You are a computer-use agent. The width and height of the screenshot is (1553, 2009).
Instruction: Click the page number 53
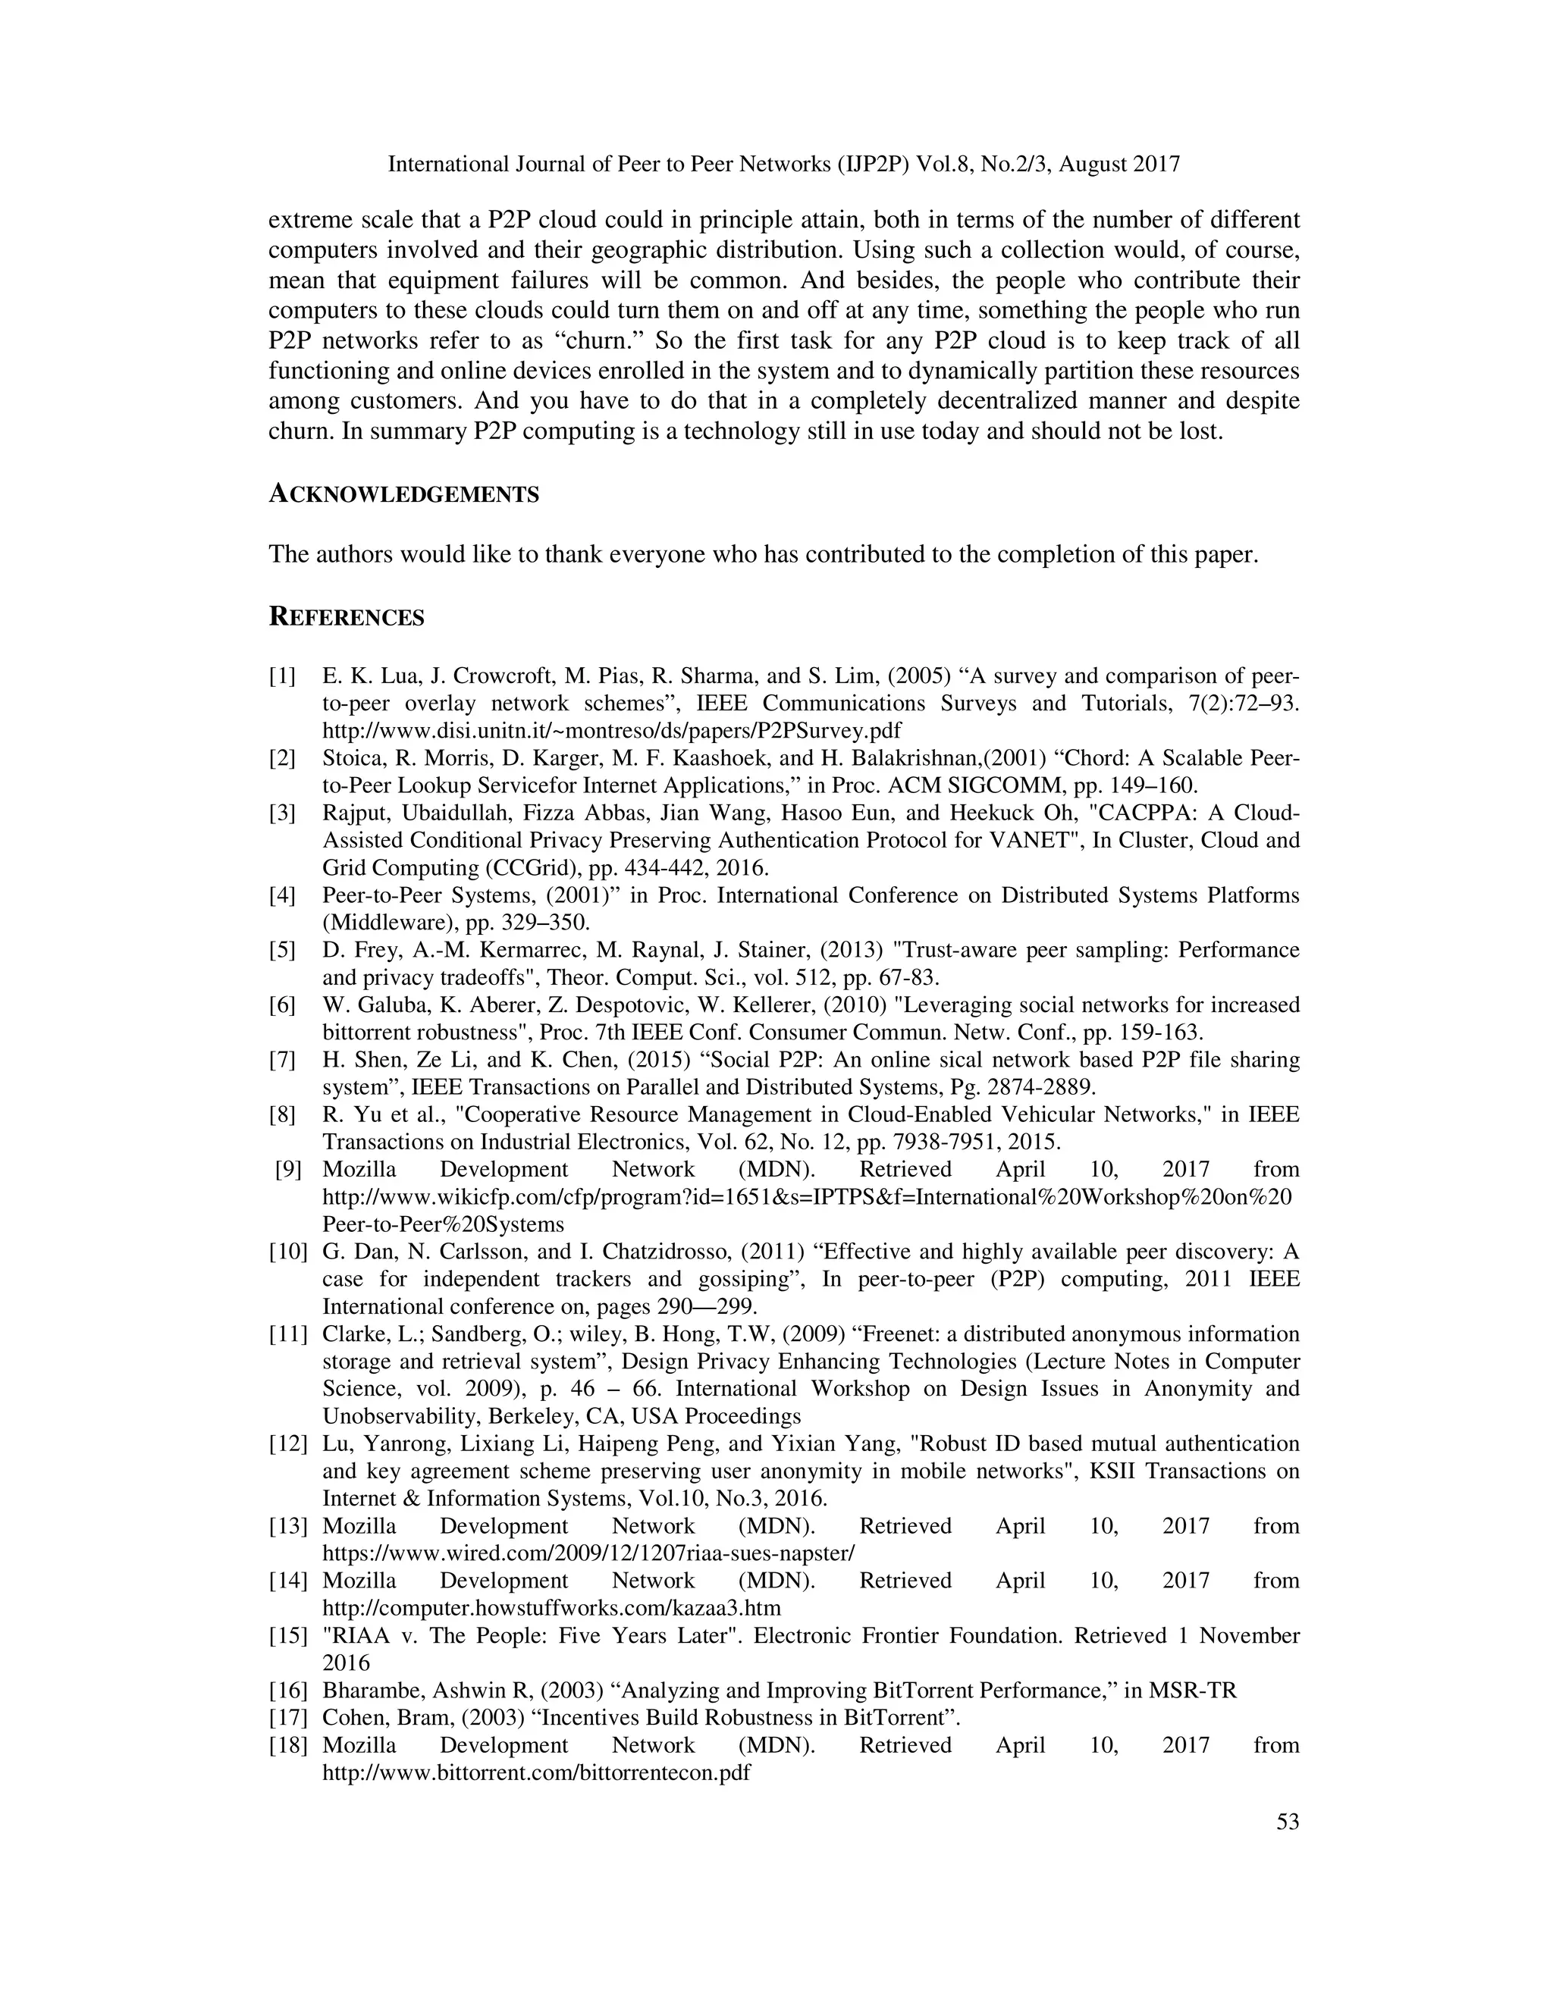click(x=1287, y=1820)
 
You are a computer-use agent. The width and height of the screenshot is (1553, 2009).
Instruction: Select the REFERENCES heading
click(x=346, y=617)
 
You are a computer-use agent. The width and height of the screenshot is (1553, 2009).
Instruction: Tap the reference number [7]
click(x=282, y=1060)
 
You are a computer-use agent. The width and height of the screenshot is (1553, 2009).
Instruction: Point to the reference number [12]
click(x=287, y=1443)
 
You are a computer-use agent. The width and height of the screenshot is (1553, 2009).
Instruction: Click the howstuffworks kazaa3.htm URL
click(x=551, y=1608)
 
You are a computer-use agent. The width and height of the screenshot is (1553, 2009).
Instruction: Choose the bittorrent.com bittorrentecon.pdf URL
click(x=536, y=1772)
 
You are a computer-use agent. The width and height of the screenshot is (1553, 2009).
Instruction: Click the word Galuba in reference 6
click(x=380, y=1004)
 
